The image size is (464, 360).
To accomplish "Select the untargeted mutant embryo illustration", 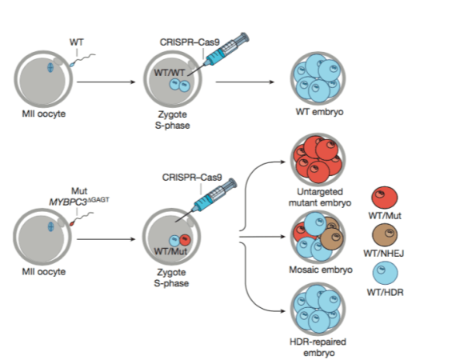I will tap(318, 157).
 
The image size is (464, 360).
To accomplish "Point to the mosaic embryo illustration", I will tap(318, 237).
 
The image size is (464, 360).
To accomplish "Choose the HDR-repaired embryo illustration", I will tap(318, 310).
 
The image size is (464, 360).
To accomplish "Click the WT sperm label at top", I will tap(77, 39).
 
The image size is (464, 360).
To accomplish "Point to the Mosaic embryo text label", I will tap(318, 270).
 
